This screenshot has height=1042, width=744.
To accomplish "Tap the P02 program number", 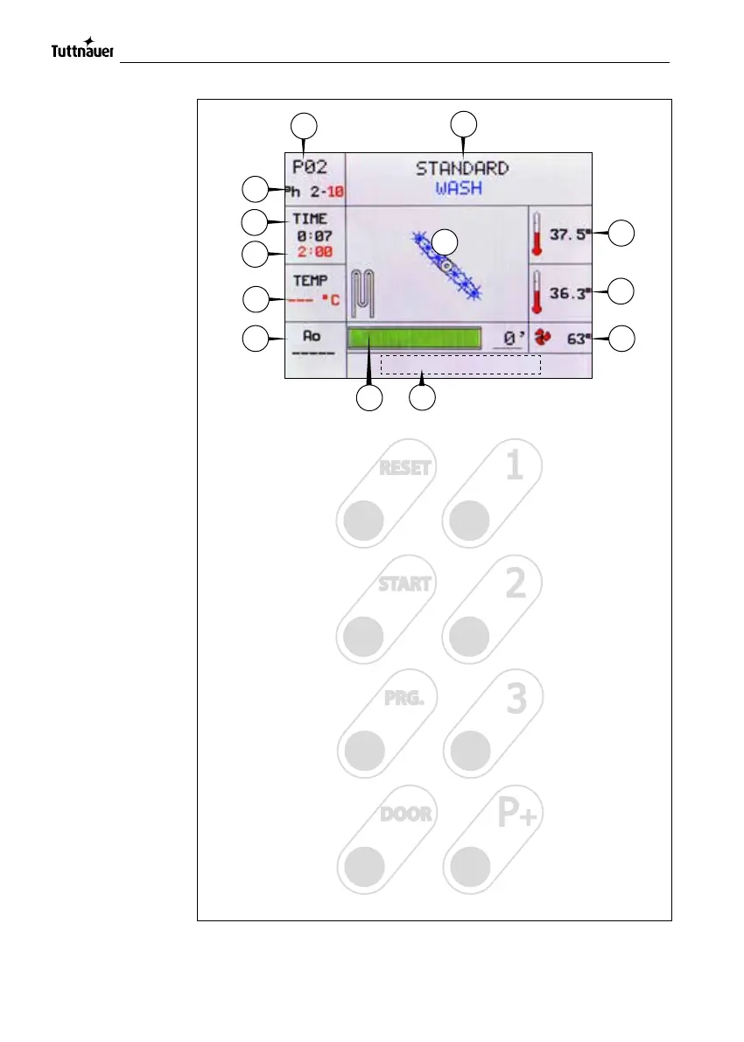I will (x=309, y=167).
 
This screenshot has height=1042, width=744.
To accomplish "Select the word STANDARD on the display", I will (x=461, y=168).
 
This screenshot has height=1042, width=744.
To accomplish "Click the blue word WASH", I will (x=460, y=188).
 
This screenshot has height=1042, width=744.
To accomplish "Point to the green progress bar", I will (x=415, y=339).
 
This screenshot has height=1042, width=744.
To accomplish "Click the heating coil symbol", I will (x=361, y=294).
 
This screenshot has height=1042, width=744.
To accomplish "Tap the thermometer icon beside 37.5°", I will (x=537, y=235).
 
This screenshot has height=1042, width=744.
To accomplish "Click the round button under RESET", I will (x=362, y=521).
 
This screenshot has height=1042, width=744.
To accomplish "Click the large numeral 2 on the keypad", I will (x=516, y=583).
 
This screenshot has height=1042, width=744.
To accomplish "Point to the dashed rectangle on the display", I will (x=461, y=365).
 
